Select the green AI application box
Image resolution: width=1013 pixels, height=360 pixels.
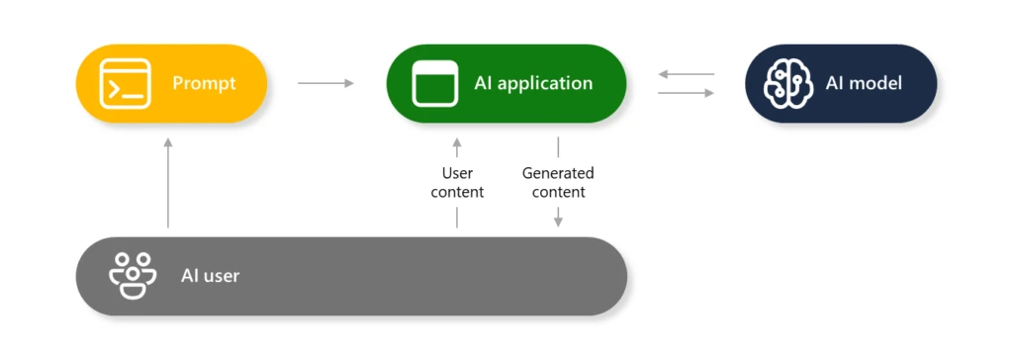(506, 83)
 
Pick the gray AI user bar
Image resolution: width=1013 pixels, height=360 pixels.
(351, 276)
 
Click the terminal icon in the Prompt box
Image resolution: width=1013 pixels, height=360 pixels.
(125, 83)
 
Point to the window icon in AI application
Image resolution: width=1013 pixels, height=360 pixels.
(436, 83)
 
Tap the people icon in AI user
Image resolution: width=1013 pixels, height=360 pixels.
(133, 276)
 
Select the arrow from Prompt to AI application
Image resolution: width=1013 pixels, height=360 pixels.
(325, 83)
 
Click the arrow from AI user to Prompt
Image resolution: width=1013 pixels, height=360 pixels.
(168, 183)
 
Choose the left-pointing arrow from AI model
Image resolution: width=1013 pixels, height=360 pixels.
(686, 74)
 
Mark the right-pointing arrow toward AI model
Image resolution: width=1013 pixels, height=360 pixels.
(686, 93)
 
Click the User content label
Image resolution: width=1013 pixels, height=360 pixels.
(457, 183)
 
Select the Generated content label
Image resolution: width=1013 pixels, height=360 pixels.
(558, 183)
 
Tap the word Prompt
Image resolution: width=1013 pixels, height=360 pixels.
(205, 83)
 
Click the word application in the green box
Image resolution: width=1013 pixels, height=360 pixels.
(543, 83)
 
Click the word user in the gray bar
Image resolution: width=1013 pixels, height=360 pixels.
(221, 276)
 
